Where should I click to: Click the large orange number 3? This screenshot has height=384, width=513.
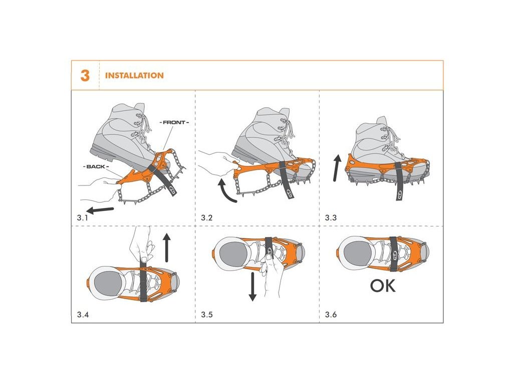85,75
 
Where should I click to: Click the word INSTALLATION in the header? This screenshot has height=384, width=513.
134,75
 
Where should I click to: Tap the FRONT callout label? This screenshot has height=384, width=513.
174,122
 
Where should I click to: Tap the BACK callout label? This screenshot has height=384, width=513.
96,166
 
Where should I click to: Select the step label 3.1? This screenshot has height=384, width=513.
83,218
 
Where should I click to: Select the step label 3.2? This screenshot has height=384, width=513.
207,218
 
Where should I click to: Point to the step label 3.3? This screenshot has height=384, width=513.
331,218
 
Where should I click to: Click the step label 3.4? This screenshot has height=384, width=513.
83,315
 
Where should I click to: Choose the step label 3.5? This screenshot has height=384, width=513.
207,315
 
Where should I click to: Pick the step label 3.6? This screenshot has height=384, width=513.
331,315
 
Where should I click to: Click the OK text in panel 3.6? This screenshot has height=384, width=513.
382,285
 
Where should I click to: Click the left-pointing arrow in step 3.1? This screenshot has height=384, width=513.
100,210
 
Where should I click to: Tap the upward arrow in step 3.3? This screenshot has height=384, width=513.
337,168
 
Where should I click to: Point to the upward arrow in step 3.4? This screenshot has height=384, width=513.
167,247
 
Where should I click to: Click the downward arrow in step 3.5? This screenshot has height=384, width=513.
252,286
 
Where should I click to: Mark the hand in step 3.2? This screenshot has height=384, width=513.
216,162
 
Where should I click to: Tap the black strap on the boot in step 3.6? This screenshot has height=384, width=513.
394,253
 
